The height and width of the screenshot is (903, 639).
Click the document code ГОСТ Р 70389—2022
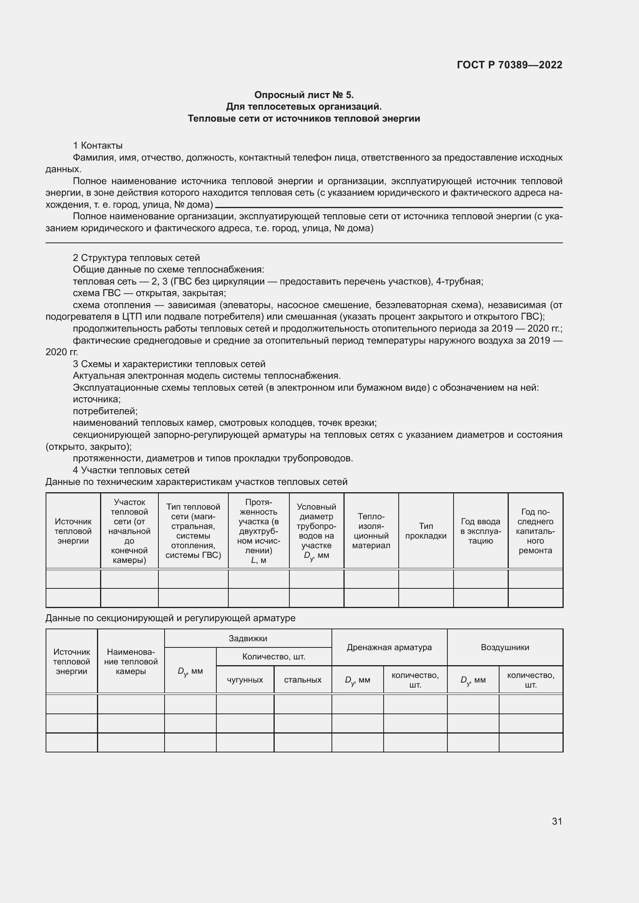click(509, 65)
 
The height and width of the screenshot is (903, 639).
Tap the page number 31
click(557, 821)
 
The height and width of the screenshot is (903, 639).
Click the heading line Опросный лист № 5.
click(304, 95)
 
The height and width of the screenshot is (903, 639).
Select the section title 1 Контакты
click(98, 146)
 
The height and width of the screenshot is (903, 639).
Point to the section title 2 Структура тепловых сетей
click(136, 258)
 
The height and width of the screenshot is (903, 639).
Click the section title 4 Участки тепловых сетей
click(131, 470)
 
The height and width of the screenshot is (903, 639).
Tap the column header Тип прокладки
click(426, 531)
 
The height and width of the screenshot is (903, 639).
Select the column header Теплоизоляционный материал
click(371, 531)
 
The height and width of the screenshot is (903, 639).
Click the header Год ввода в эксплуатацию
click(481, 531)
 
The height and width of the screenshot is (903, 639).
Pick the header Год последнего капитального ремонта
click(535, 531)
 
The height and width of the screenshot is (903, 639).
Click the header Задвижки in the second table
click(248, 638)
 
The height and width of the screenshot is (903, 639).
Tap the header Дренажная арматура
click(389, 647)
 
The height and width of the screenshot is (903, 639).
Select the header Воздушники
click(505, 647)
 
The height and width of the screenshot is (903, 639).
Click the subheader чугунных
click(245, 680)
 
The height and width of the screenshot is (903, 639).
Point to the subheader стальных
click(303, 680)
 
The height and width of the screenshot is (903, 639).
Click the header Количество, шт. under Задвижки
click(274, 656)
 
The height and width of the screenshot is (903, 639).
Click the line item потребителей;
click(105, 411)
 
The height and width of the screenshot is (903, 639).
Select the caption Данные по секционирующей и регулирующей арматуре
click(170, 618)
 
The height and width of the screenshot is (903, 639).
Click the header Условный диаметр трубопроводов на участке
click(316, 531)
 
